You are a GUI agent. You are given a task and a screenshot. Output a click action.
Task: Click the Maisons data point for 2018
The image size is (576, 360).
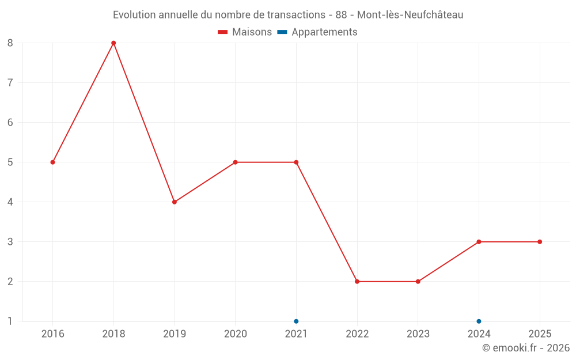[x=113, y=43]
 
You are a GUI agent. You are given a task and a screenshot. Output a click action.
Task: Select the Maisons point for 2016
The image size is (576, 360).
[x=52, y=162]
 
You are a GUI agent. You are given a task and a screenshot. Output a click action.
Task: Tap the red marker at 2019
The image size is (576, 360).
[x=175, y=202]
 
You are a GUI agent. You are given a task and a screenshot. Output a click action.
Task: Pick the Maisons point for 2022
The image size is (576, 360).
[x=357, y=282]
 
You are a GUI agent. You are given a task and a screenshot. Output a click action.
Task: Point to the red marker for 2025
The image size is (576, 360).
[x=540, y=242]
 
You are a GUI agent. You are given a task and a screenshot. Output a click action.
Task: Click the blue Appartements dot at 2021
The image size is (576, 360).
[x=296, y=321]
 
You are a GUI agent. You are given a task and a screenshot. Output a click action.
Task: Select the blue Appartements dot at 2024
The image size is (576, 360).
[x=479, y=321]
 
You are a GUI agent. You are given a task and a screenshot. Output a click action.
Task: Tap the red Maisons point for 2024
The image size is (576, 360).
[x=479, y=242]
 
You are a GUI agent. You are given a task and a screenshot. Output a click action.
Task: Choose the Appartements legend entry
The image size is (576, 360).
[x=318, y=32]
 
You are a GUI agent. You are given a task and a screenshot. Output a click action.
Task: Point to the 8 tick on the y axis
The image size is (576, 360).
[x=10, y=43]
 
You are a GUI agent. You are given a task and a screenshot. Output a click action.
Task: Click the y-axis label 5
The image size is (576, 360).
[x=10, y=162]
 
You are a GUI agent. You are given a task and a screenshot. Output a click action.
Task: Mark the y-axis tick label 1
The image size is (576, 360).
[x=10, y=321]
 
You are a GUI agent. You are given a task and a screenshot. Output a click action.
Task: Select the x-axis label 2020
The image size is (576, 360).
[x=235, y=334]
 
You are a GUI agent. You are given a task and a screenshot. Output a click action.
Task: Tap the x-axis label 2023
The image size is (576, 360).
[x=418, y=334]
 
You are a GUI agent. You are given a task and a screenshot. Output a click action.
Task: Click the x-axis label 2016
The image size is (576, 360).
[x=52, y=334]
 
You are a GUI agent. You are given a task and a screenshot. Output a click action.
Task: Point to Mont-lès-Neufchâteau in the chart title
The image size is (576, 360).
[x=410, y=15]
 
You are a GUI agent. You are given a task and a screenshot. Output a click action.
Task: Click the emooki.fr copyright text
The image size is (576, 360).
[x=526, y=348]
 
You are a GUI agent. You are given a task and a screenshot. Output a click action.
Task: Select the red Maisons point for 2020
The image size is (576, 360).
[x=235, y=162]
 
